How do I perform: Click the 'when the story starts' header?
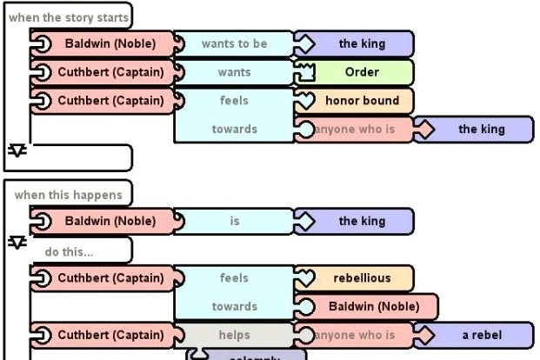pyautogui.click(x=69, y=17)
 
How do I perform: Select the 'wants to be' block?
pyautogui.click(x=234, y=43)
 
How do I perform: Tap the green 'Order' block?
pyautogui.click(x=362, y=72)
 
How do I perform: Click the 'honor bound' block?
pyautogui.click(x=362, y=101)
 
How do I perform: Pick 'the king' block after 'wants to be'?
pyautogui.click(x=360, y=43)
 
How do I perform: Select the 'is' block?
pyautogui.click(x=234, y=221)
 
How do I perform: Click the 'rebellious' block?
pyautogui.click(x=362, y=278)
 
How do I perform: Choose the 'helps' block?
pyautogui.click(x=234, y=335)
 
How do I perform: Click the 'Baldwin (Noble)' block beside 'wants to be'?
pyautogui.click(x=109, y=43)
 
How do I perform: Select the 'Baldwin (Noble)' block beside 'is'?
pyautogui.click(x=109, y=221)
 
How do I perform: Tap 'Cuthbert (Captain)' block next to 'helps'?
pyautogui.click(x=109, y=335)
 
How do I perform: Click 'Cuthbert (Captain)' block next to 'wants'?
pyautogui.click(x=109, y=72)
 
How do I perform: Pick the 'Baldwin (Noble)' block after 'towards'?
pyautogui.click(x=372, y=306)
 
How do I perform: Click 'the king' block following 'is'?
pyautogui.click(x=360, y=221)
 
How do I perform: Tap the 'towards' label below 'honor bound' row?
pyautogui.click(x=234, y=130)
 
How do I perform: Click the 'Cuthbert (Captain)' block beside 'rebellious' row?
pyautogui.click(x=109, y=278)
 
